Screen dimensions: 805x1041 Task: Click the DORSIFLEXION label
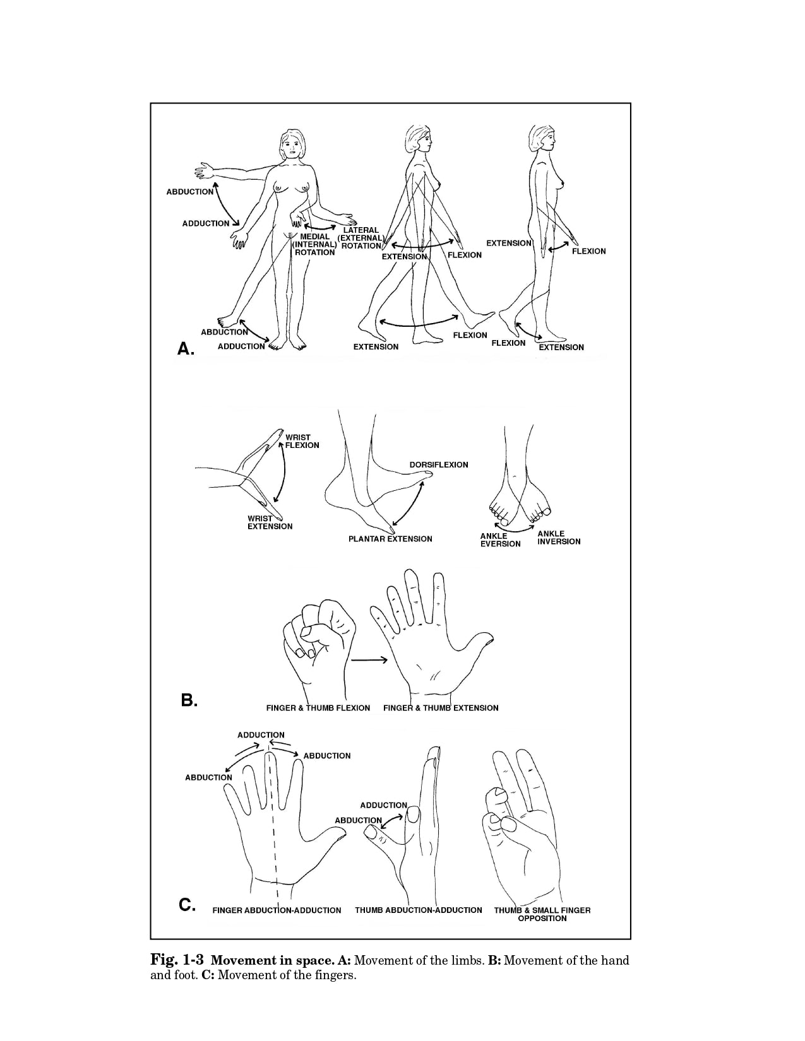[439, 465]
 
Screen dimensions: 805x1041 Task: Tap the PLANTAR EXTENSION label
[390, 539]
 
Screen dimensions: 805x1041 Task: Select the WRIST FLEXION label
[302, 441]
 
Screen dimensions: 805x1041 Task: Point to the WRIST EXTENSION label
[270, 522]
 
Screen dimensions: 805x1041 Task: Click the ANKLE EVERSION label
[500, 540]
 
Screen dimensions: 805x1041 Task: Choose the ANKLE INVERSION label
[559, 538]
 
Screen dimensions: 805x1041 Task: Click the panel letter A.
[186, 348]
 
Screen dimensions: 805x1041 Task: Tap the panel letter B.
[189, 701]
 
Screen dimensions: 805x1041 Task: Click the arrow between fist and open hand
[369, 660]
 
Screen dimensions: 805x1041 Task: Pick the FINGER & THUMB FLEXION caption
[318, 708]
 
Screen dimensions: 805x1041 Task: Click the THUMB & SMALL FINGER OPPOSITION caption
[542, 914]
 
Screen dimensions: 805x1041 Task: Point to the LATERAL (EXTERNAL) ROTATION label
[361, 238]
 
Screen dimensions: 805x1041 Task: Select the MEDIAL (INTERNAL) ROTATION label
[314, 244]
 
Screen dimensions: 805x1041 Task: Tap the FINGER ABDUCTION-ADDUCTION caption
[277, 910]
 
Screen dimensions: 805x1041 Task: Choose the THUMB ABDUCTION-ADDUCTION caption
[419, 910]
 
